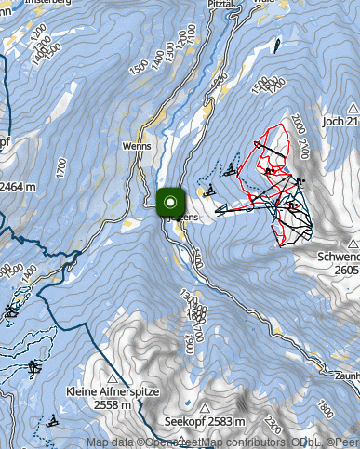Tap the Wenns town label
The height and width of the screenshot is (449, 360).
click(x=136, y=147)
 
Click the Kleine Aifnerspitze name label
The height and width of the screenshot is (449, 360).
click(x=113, y=392)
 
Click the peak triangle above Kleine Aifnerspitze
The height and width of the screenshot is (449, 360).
click(x=113, y=378)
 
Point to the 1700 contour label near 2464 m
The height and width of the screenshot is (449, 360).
click(x=60, y=169)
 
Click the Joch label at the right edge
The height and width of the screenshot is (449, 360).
click(x=342, y=122)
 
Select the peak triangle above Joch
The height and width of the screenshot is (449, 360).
click(x=351, y=107)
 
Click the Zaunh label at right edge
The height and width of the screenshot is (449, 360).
click(x=346, y=375)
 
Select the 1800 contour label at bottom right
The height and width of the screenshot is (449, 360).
click(x=325, y=408)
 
